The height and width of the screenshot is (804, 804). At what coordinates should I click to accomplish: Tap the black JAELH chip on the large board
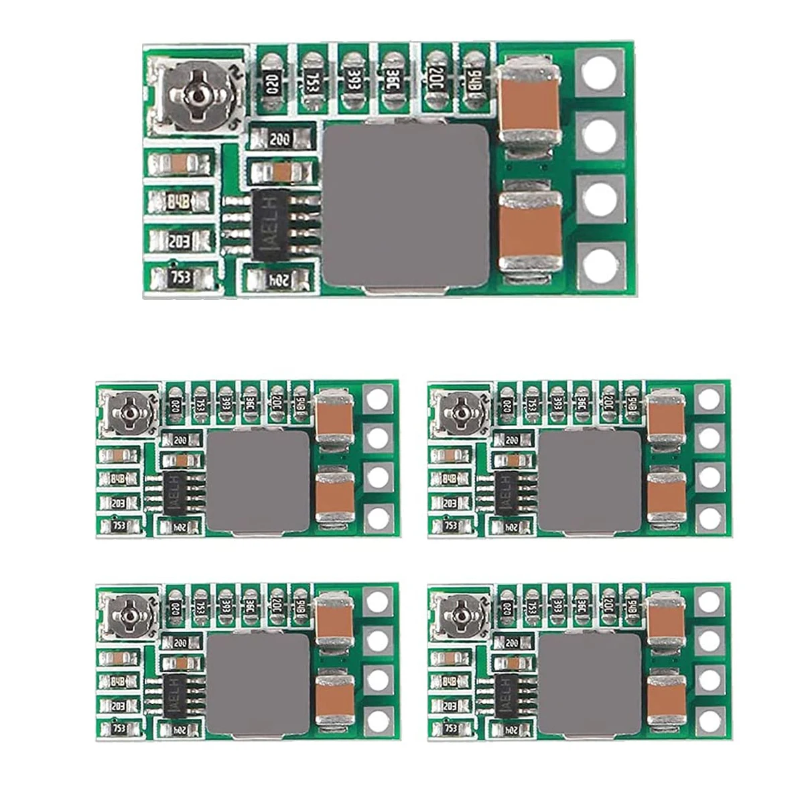272,224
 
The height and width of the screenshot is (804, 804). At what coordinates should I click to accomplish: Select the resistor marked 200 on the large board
281,139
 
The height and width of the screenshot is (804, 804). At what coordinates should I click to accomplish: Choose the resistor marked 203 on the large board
180,240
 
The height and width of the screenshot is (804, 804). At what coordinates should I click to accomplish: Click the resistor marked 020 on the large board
272,80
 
